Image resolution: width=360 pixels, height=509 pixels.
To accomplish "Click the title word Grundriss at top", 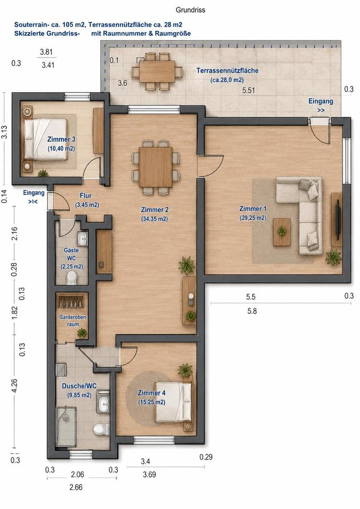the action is pyautogui.click(x=190, y=10).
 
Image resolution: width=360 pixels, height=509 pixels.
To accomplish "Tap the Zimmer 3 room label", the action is pyautogui.click(x=62, y=139).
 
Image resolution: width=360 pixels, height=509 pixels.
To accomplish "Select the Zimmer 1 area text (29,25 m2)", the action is pyautogui.click(x=253, y=218).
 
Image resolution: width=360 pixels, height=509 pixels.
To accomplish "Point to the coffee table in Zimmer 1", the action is pyautogui.click(x=282, y=232).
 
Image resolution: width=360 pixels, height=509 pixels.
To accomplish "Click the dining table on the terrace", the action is pyautogui.click(x=157, y=72).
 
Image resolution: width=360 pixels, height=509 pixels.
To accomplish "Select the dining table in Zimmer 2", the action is pyautogui.click(x=155, y=167).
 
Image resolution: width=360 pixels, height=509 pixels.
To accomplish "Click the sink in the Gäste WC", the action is pyautogui.click(x=83, y=239).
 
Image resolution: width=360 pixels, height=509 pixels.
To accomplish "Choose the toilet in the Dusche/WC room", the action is pyautogui.click(x=101, y=429).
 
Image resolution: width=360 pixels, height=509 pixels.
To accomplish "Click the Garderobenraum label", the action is pyautogui.click(x=73, y=320).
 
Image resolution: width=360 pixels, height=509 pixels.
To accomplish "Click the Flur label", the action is pyautogui.click(x=86, y=196).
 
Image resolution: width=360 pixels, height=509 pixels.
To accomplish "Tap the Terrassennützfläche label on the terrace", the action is pyautogui.click(x=227, y=71).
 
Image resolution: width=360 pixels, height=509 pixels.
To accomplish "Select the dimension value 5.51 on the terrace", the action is pyautogui.click(x=249, y=90).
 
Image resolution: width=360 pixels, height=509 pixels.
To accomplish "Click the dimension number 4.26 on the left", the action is pyautogui.click(x=14, y=385).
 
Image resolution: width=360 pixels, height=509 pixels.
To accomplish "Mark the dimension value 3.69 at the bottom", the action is pyautogui.click(x=150, y=475).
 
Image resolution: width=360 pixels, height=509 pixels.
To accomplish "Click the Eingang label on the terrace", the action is pyautogui.click(x=321, y=101).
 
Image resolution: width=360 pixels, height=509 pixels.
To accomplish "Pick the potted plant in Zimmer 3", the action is pyautogui.click(x=42, y=174).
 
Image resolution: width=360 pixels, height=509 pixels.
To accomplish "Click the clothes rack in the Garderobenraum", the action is pyautogui.click(x=71, y=301).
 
